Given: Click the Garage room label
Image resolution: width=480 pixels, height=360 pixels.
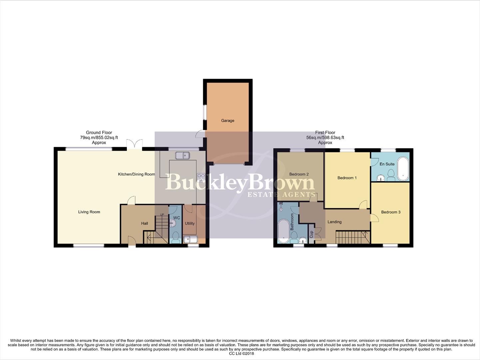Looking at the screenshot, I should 228,121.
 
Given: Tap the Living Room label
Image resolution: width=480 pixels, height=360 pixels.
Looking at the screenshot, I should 89,212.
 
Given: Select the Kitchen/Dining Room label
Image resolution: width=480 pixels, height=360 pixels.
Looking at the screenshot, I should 136,174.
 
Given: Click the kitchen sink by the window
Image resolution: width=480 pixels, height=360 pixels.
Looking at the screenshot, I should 182,155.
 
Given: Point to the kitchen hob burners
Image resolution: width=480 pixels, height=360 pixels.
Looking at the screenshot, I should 201,177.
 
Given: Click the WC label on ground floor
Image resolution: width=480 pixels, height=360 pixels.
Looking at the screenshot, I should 177,218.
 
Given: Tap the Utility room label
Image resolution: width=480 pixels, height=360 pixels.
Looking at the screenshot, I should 190,223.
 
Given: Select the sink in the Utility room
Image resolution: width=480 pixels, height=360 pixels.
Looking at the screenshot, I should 191,239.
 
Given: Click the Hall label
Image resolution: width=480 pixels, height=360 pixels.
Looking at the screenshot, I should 144,223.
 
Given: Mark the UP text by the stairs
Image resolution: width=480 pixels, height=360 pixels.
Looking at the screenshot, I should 162,215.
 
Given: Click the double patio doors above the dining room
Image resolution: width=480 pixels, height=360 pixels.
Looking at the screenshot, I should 135,144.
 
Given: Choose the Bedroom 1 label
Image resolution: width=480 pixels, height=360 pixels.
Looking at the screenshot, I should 347,178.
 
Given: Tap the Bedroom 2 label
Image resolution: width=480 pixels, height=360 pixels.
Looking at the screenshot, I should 299,174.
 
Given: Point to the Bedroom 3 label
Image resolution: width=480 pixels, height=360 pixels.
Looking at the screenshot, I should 391,212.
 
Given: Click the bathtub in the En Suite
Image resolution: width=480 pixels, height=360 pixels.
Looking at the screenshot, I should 403,169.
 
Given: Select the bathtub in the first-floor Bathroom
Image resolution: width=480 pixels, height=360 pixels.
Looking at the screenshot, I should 283,231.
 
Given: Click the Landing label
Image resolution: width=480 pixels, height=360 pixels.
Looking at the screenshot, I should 334,222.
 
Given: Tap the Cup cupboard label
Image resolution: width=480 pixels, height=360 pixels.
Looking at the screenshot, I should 311,234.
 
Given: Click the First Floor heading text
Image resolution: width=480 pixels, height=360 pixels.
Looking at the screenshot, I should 325,133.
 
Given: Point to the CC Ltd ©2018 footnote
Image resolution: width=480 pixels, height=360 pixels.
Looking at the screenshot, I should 241,354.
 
